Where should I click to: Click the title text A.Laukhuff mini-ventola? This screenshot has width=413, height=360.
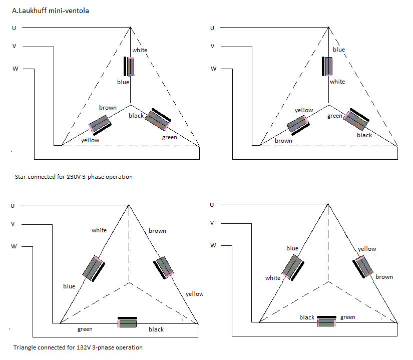50,10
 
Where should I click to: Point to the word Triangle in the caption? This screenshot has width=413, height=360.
25,347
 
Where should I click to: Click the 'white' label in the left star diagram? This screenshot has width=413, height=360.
140,50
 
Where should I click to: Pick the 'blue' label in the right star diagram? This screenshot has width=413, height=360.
339,50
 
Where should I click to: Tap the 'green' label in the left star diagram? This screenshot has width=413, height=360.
169,137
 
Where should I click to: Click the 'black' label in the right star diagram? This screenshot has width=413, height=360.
364,135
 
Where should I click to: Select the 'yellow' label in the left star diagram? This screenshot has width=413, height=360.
90,140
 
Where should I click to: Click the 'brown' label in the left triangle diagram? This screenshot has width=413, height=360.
157,231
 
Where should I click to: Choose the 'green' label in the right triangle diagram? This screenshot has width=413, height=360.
347,317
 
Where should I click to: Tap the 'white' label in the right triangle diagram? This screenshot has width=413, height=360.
273,278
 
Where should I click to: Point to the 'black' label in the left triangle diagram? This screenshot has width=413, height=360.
156,329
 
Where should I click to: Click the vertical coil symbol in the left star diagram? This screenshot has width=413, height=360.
131,67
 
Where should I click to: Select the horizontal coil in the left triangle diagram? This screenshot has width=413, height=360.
127,323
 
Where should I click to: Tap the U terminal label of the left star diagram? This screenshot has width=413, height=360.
14,28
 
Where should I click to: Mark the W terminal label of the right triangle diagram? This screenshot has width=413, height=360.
213,245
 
